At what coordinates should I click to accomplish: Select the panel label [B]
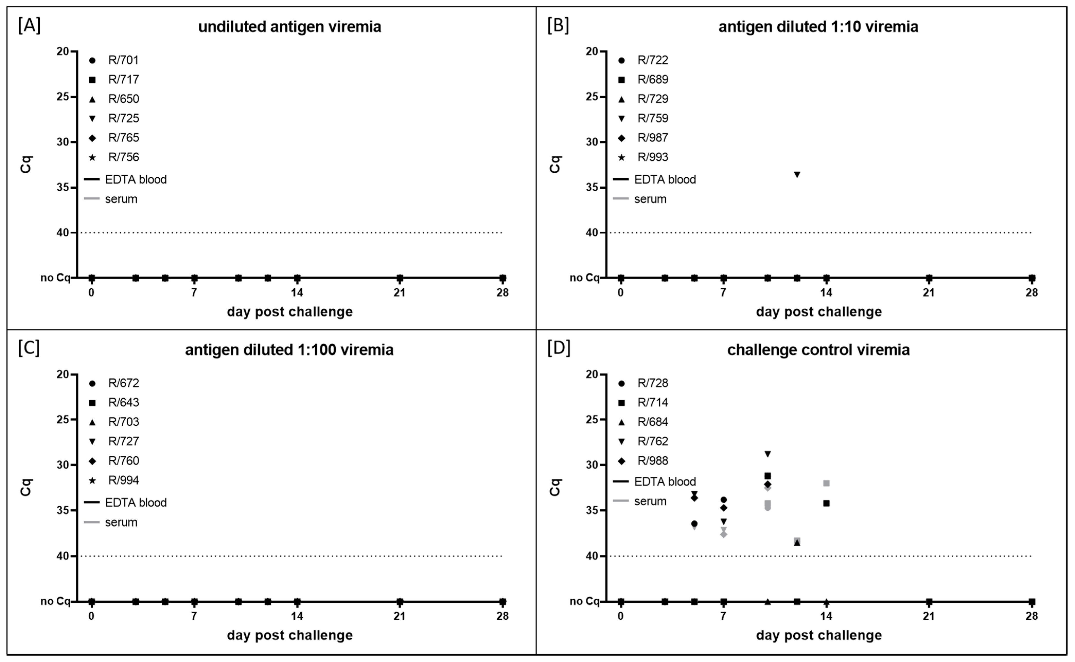558,26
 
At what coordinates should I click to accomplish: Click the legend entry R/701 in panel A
123,60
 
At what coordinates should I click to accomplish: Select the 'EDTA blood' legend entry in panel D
664,482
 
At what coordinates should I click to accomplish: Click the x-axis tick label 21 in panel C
399,616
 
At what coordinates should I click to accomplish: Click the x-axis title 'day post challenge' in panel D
819,635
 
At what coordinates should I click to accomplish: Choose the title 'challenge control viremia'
818,350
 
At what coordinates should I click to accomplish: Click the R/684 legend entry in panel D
652,422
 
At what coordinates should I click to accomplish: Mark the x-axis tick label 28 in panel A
502,292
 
